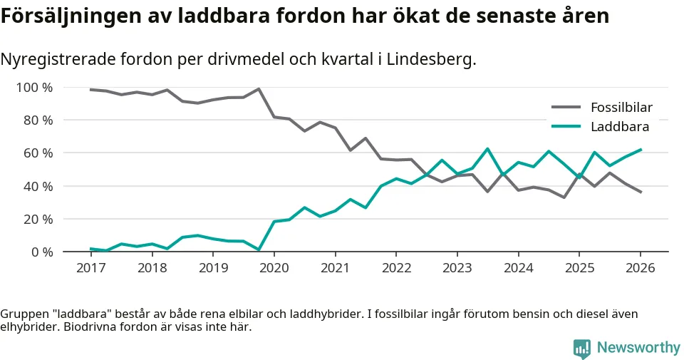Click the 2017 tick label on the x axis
click(91, 268)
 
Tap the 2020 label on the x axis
click(274, 268)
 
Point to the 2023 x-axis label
click(457, 268)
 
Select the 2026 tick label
click(640, 268)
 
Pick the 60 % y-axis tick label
click(38, 153)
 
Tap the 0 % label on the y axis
click(41, 252)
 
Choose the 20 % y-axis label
click(38, 219)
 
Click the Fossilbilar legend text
click(621, 108)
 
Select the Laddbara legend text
click(619, 127)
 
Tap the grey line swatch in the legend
click(567, 108)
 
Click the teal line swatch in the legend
click(567, 127)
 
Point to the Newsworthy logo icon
click(582, 348)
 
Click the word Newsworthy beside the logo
click(638, 348)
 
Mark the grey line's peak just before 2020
click(259, 89)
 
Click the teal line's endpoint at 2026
click(641, 150)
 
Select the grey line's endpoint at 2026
click(641, 192)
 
